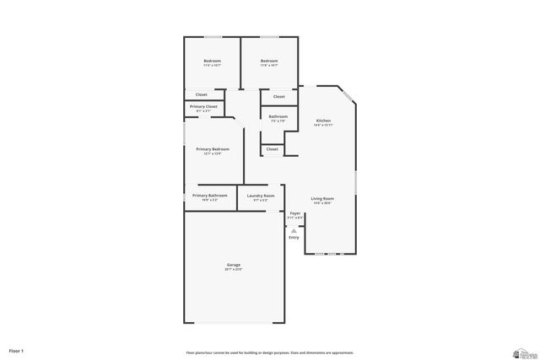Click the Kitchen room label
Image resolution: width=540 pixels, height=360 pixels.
323,121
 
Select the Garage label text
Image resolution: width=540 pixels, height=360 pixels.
234,265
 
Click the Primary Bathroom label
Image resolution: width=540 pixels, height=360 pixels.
210,196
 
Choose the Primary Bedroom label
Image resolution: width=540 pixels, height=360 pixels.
213,149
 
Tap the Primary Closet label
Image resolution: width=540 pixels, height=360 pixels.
203,107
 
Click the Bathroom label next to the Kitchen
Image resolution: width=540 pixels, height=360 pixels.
278,116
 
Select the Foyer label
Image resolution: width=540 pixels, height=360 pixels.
295,213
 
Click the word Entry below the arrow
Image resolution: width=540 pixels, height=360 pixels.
294,238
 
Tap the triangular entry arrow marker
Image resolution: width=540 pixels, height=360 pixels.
294,230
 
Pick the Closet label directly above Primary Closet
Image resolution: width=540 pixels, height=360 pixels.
202,94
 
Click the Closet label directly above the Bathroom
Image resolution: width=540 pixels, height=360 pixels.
278,97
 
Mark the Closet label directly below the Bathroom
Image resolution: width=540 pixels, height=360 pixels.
272,149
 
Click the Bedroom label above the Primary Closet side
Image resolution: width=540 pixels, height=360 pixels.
212,61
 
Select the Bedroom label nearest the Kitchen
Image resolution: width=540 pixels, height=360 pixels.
269,61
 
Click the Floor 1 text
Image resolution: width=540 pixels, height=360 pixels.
17,349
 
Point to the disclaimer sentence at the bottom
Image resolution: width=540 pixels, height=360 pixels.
270,352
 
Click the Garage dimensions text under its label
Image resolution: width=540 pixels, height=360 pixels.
234,270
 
